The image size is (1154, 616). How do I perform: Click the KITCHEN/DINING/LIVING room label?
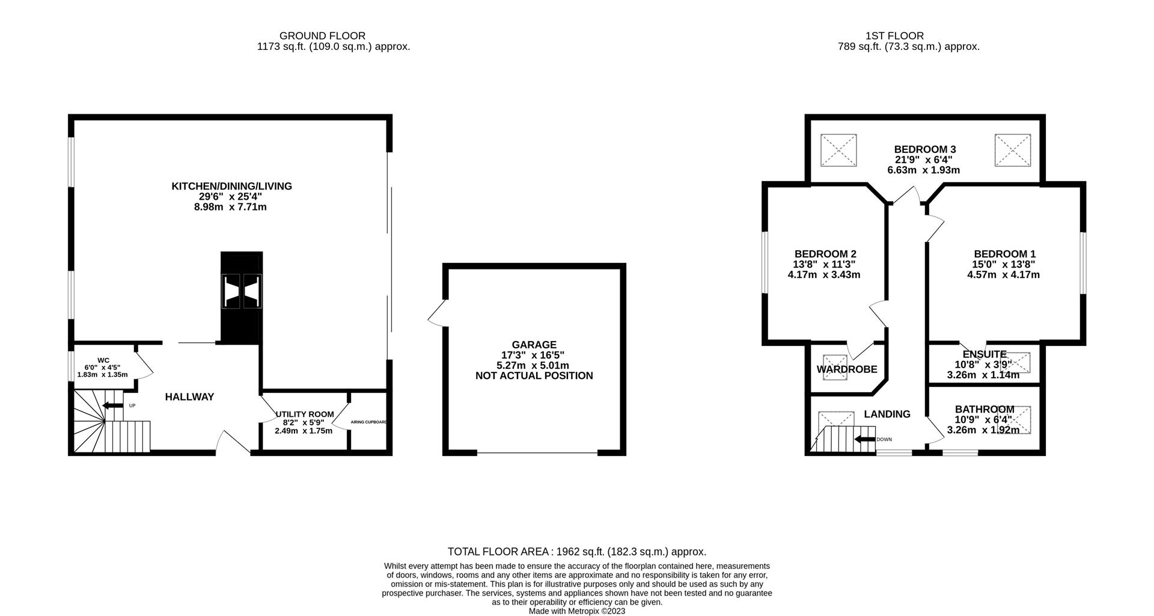point(231,186)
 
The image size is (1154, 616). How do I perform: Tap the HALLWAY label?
point(189,397)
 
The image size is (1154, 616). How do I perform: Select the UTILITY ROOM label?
point(304,414)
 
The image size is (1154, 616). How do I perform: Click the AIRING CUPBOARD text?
point(368,422)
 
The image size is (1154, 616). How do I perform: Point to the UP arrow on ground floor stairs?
point(112,405)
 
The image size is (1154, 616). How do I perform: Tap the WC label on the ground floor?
point(103,360)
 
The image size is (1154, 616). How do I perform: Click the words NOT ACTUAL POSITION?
point(534,376)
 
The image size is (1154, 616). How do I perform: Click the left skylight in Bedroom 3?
point(838,150)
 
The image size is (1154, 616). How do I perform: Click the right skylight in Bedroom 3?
point(1012,150)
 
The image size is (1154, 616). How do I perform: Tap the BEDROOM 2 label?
point(825,254)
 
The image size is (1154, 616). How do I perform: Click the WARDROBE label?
point(846,369)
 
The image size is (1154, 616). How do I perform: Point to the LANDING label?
point(887,414)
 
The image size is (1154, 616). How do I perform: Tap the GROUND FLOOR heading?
point(322,36)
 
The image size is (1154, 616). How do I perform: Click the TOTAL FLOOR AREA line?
point(576,552)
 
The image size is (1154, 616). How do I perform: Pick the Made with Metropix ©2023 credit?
point(576,611)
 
